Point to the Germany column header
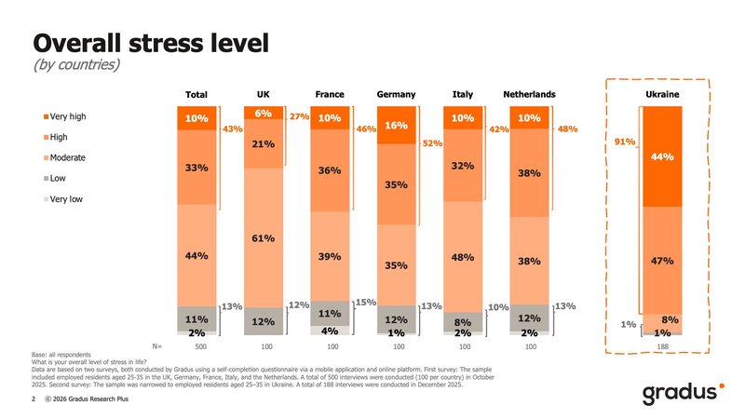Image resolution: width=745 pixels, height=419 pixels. tap(395, 95)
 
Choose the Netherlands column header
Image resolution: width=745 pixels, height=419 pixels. tap(529, 95)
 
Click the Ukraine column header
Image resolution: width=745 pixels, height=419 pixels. tap(661, 95)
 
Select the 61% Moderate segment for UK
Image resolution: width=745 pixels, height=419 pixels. tap(263, 238)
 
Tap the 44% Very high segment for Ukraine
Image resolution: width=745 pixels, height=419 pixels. tap(662, 156)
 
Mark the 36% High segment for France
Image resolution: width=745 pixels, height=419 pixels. tap(329, 170)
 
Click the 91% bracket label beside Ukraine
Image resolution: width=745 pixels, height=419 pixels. tap(625, 142)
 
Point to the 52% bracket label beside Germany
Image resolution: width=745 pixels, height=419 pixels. tap(432, 143)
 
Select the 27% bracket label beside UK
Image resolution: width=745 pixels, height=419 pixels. tap(299, 117)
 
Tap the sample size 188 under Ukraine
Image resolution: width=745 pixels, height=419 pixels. tap(662, 345)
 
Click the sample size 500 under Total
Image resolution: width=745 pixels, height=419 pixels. tap(196, 345)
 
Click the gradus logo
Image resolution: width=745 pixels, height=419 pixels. tap(678, 395)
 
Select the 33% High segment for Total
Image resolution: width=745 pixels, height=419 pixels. tap(196, 168)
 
